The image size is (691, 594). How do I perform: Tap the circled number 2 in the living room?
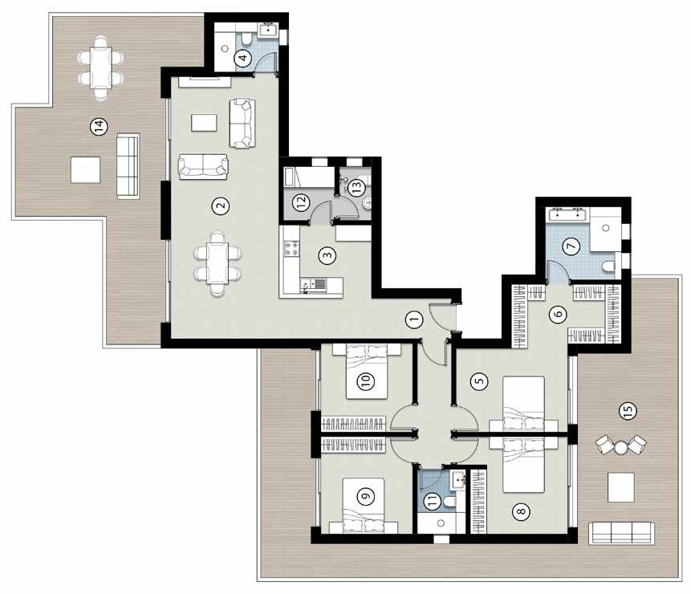coord(221,205)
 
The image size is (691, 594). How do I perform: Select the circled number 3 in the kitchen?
coord(327,255)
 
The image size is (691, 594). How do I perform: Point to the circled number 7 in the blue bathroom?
coord(571,246)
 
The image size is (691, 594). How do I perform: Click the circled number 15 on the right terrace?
coord(628,411)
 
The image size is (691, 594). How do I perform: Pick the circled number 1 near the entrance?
coord(413,319)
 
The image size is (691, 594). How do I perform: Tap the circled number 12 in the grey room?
coord(302,201)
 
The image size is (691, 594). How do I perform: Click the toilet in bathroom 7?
coord(608,266)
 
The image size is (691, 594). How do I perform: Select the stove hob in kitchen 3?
coord(291,248)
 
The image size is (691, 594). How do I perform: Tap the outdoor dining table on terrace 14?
coord(101,67)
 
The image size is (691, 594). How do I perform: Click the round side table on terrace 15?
coord(621,448)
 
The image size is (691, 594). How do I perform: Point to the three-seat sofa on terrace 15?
coord(621,532)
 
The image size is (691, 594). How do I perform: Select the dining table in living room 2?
coord(217,263)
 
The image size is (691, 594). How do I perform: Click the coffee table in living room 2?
coord(204,123)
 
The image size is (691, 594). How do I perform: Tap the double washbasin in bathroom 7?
coord(567,214)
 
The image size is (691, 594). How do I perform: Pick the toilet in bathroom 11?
coord(450,502)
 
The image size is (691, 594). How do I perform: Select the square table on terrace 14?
coord(86,169)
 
